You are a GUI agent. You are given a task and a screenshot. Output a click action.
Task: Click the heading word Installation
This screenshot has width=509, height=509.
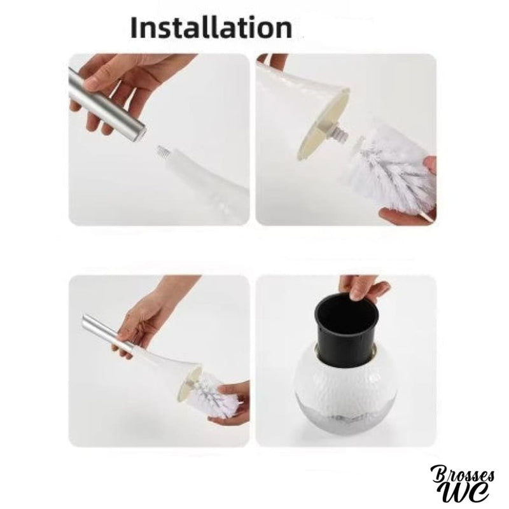coord(211,28)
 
